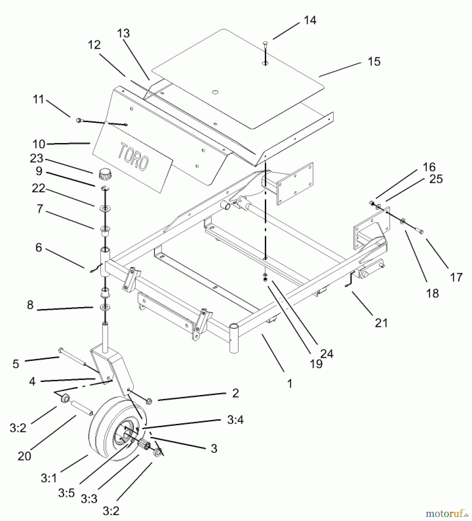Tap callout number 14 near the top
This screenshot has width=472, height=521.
pos(310,21)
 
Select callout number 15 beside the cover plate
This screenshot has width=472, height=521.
pos(374,62)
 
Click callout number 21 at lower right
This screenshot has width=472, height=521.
pos(381,322)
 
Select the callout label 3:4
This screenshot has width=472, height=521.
pos(235,419)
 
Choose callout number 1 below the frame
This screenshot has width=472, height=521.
pos(290,384)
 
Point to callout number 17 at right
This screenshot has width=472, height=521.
pos(456,277)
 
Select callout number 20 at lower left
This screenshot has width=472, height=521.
pos(24,456)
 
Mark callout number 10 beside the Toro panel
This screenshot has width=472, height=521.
pos(39,144)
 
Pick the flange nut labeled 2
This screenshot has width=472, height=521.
pos(150,401)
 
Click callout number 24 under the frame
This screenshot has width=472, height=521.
pos(327,354)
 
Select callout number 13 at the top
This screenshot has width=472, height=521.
pos(123,34)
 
